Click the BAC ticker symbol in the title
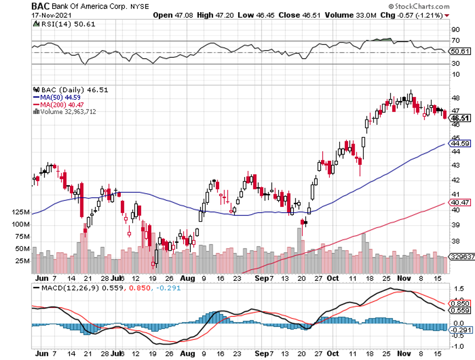pos(41,6)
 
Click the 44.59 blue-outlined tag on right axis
pos(459,143)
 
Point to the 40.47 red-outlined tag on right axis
pos(459,202)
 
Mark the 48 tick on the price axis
pos(455,98)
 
